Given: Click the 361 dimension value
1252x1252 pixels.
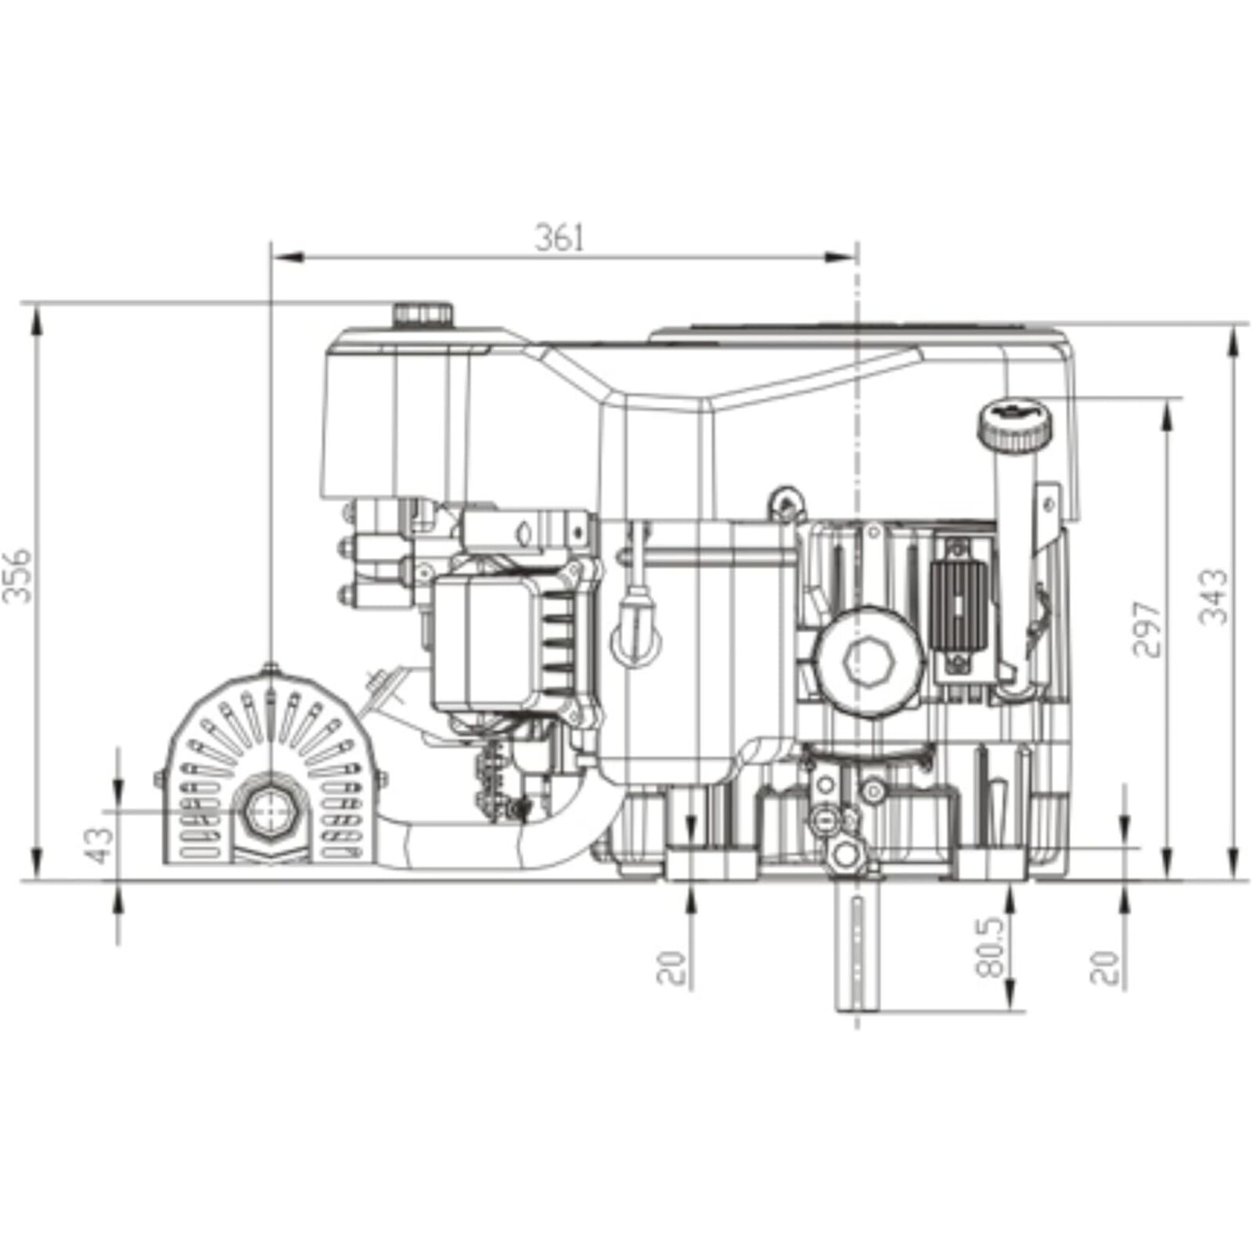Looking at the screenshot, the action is click(x=559, y=237).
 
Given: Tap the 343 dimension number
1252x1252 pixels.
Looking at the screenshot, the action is click(x=1214, y=596).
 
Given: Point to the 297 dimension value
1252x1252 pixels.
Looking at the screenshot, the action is click(x=1146, y=629).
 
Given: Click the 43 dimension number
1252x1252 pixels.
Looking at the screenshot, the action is click(x=102, y=845).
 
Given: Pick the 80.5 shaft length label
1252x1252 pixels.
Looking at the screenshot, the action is click(x=991, y=948).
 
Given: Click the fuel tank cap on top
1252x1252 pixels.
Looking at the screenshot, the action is click(x=423, y=315).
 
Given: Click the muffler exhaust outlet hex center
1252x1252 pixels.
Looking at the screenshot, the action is click(x=270, y=811).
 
